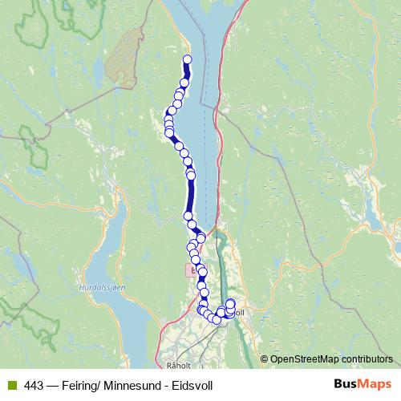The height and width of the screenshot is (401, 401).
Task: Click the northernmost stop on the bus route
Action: (188, 59)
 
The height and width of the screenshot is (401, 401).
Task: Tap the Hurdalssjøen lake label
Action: (99, 286)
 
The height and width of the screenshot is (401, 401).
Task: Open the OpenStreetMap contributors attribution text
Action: (331, 358)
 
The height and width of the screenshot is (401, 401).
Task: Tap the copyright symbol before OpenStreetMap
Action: (265, 358)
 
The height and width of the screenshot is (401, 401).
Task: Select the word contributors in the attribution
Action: (368, 358)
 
